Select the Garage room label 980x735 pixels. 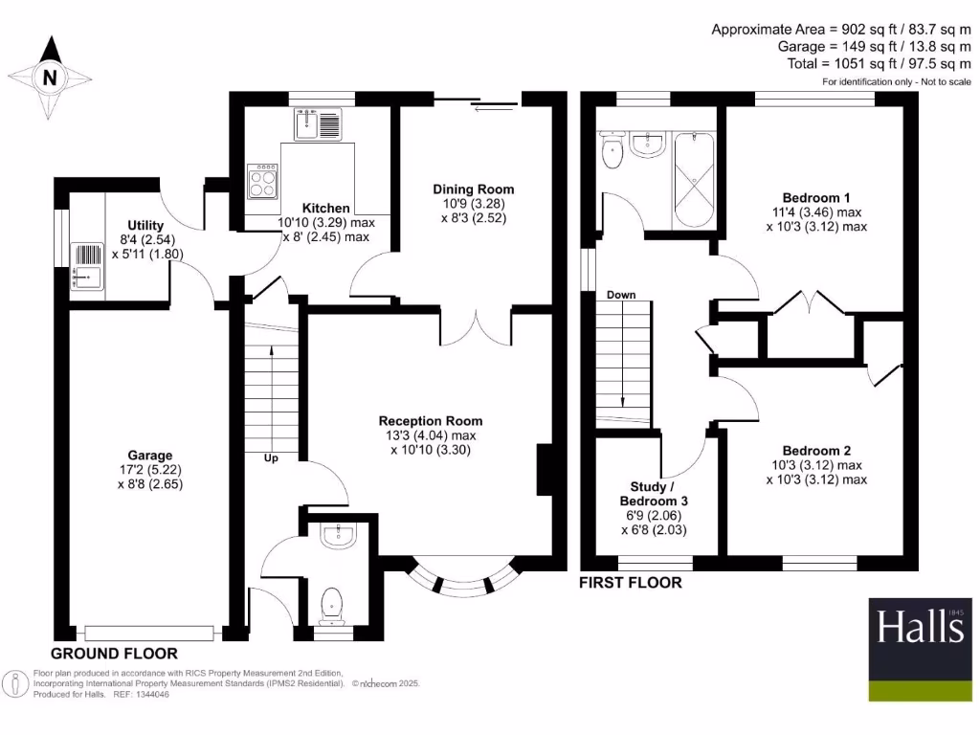tap(150, 456)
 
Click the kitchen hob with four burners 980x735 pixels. tap(263, 180)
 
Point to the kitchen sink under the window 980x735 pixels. tap(318, 124)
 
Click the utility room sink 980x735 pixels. tap(87, 278)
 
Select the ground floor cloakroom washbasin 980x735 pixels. tap(337, 538)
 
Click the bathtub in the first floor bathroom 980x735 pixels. tap(695, 179)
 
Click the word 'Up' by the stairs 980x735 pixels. tap(271, 458)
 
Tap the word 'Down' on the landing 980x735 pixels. tap(621, 295)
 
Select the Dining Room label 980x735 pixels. tap(474, 189)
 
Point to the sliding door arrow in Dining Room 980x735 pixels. tap(493, 106)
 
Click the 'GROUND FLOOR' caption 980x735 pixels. tap(114, 654)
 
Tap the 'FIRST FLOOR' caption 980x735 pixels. tap(632, 582)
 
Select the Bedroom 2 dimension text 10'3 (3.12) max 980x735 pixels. tap(816, 465)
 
